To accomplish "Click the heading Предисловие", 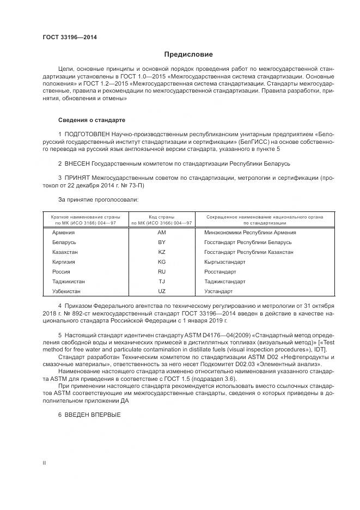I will point(188,54).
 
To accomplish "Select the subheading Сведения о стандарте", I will point(91,119).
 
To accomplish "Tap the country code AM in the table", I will point(161,233).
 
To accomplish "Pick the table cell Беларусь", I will point(64,242).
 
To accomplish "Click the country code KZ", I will point(161,252).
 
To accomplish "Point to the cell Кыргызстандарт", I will point(224,262).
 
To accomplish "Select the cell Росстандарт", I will point(220,272).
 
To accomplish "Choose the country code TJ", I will point(161,282).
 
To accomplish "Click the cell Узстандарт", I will point(218,292).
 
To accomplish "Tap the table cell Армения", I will point(63,233).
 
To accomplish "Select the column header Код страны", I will point(161,217).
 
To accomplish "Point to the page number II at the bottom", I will point(44,463).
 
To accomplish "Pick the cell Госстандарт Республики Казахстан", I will point(249,252).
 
